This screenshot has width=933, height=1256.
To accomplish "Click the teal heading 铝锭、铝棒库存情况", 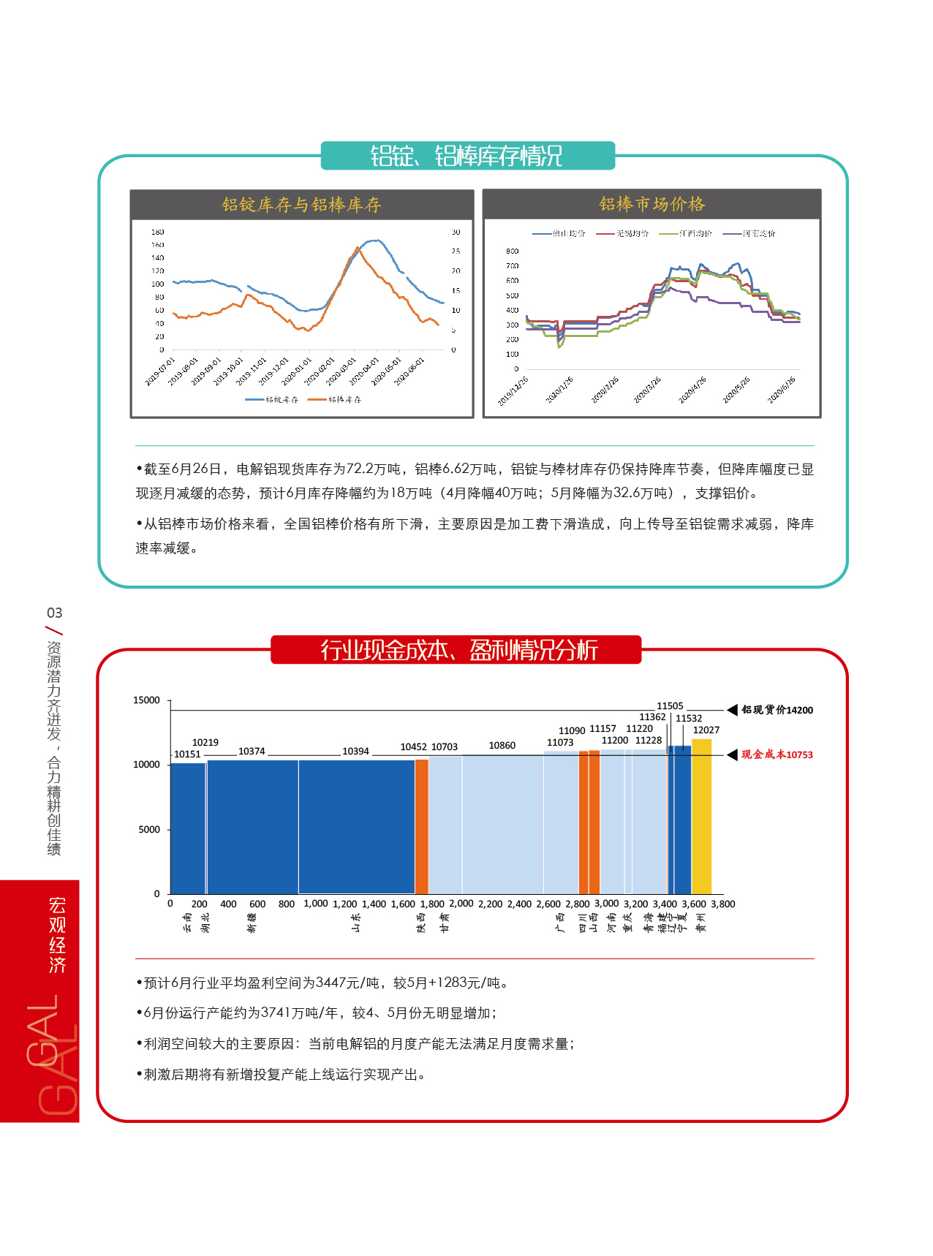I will coord(466,156).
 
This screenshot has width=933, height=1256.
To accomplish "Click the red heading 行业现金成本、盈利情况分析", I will coord(458,650).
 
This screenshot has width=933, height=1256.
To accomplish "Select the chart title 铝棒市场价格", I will coord(651,204).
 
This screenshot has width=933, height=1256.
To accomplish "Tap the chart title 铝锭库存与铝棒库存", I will coord(301,205).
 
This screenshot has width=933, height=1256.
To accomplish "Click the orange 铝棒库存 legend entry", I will coord(335,400).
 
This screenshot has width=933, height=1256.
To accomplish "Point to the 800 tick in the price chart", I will coord(512,251).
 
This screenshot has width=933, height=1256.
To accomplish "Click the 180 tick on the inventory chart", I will coord(157,232).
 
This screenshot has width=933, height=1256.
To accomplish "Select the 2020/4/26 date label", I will coord(692,390).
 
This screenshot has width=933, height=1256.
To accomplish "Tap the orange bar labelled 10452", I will coord(421,826).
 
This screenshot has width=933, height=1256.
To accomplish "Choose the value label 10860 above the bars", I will coord(502,746).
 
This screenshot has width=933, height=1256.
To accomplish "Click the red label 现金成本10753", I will coord(777,755).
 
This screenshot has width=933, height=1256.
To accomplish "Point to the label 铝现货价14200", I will coord(777,710).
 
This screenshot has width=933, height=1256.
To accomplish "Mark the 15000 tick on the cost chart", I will coord(146,700).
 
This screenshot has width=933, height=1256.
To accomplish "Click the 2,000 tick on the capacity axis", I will coord(461,904).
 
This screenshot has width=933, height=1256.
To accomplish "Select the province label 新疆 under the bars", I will coord(252,923).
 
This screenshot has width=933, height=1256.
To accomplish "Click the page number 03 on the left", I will coord(55,613).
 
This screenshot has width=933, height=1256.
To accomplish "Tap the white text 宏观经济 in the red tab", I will coord(58,935).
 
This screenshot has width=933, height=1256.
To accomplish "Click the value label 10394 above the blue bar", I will coord(355,752).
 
